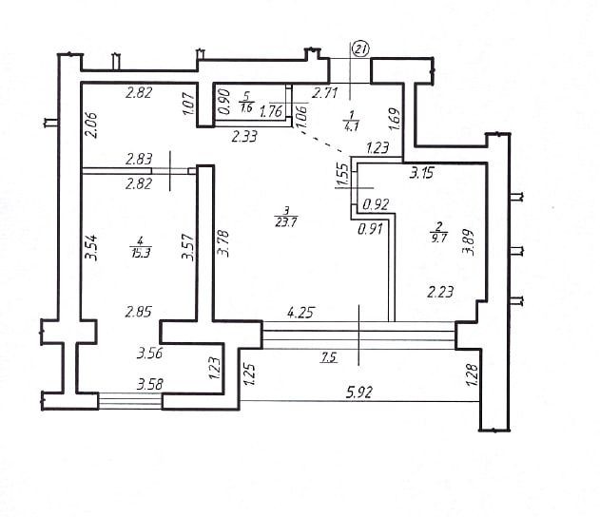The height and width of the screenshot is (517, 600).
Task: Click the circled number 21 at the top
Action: click(360, 48)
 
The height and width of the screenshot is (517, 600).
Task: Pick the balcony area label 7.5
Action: click(330, 357)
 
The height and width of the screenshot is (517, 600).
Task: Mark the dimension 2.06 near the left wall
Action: click(91, 125)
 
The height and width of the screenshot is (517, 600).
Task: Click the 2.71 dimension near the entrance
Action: click(326, 92)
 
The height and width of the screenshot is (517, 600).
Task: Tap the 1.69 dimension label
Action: click(395, 121)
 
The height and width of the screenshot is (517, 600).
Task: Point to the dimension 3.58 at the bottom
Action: click(150, 385)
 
